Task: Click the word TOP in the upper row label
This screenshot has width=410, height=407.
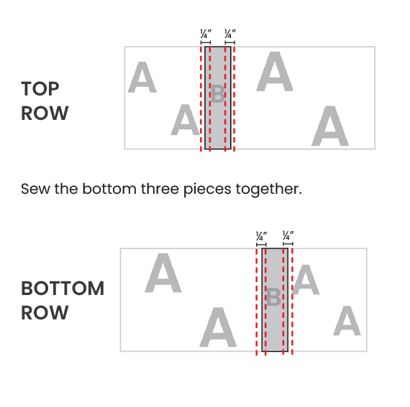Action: pyautogui.click(x=40, y=89)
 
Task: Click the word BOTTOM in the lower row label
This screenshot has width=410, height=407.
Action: pyautogui.click(x=63, y=289)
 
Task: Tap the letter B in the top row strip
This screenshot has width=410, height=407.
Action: pyautogui.click(x=217, y=93)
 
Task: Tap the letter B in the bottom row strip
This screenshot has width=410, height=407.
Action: pyautogui.click(x=273, y=297)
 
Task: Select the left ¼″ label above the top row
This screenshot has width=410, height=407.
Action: pyautogui.click(x=206, y=34)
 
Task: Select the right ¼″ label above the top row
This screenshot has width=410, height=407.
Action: pyautogui.click(x=230, y=34)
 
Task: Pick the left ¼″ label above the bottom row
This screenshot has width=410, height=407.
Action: pyautogui.click(x=262, y=236)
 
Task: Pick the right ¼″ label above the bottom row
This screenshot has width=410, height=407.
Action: pyautogui.click(x=288, y=236)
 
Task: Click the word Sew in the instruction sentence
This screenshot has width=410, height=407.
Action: pyautogui.click(x=35, y=189)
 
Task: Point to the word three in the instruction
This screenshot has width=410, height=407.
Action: pyautogui.click(x=160, y=188)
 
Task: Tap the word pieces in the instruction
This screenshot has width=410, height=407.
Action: pyautogui.click(x=207, y=190)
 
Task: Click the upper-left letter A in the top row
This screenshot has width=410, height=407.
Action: pyautogui.click(x=142, y=78)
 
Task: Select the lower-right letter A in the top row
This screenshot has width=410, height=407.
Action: pyautogui.click(x=330, y=126)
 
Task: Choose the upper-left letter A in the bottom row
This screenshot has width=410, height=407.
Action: pyautogui.click(x=163, y=273)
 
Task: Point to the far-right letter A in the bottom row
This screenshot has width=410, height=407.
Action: pyautogui.click(x=347, y=321)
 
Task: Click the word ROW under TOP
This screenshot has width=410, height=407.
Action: pyautogui.click(x=45, y=113)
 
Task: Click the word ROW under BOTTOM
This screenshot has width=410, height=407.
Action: pyautogui.click(x=45, y=312)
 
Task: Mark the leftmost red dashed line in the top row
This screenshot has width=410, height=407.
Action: pyautogui.click(x=201, y=98)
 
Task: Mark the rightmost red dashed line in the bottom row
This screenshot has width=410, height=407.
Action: pyautogui.click(x=292, y=301)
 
